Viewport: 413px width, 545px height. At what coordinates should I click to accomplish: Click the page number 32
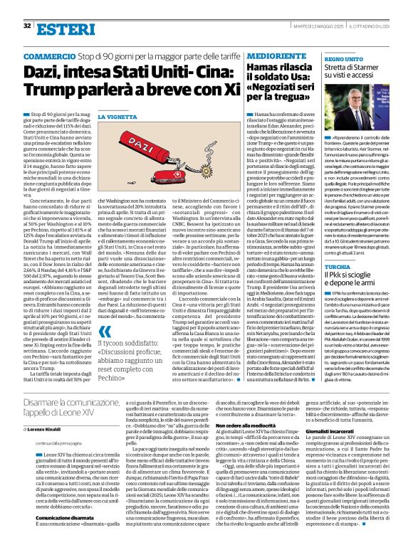[26, 26]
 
